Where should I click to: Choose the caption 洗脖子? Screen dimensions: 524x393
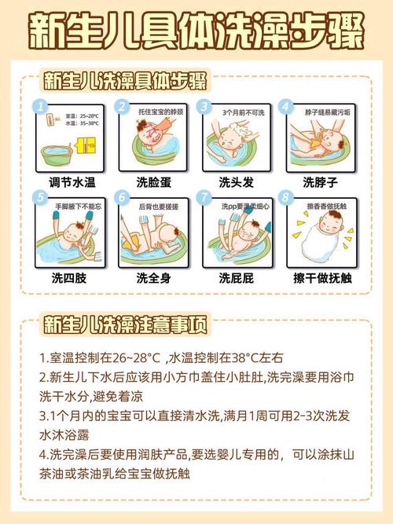(321, 182)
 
